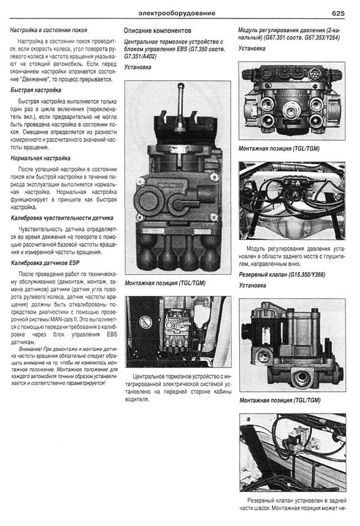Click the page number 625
pos(338,13)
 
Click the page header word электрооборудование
pos(177,13)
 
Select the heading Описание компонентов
pos(157,30)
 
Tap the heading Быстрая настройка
pos(35,90)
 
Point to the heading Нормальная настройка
pos(40,158)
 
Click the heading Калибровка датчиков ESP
pos(45,263)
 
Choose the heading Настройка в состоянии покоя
pos(49,30)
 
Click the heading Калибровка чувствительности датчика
pos(62,218)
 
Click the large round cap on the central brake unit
pos(148,201)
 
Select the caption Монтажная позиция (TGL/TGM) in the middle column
pos(165,283)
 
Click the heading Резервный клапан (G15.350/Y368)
pos(282,275)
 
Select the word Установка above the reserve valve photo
pos(252,285)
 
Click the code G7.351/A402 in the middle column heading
pos(140,56)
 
